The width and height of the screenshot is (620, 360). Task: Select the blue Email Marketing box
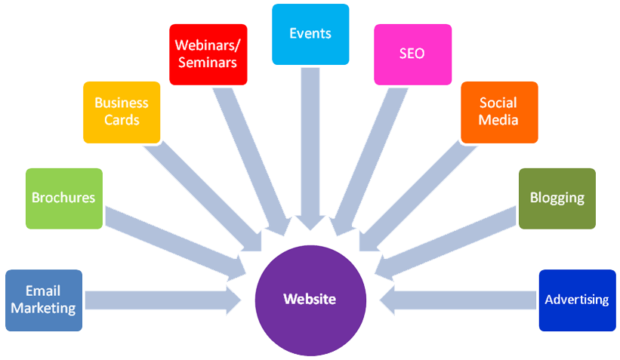[x=44, y=300]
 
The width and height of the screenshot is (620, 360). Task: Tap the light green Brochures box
[x=63, y=198]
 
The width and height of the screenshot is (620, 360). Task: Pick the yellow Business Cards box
[x=122, y=112]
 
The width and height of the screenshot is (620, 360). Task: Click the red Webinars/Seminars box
[x=207, y=54]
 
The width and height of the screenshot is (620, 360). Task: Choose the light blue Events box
[x=310, y=34]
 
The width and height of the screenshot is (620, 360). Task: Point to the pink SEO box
[x=412, y=54]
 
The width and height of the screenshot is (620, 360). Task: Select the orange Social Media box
[x=499, y=112]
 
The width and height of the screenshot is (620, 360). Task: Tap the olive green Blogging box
[x=557, y=198]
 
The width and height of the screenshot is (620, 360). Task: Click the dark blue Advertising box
[x=577, y=300]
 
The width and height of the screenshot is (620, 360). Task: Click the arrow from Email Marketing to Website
[x=159, y=300]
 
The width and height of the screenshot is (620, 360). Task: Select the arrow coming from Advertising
[x=461, y=300]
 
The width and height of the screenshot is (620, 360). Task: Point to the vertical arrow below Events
[x=310, y=143]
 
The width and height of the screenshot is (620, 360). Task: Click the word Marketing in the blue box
[x=44, y=308]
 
